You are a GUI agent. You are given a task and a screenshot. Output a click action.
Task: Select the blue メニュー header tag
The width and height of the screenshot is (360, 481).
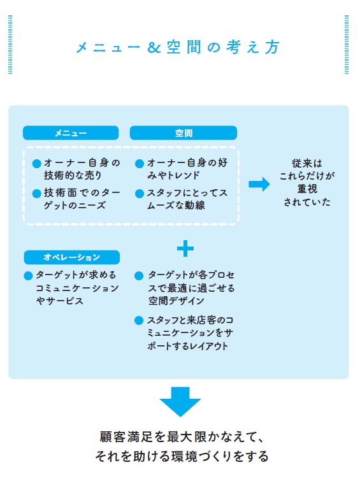(71, 133)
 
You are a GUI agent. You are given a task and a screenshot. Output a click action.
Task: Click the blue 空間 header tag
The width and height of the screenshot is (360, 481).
(184, 133)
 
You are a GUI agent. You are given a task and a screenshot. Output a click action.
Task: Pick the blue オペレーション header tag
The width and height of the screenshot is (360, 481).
(71, 257)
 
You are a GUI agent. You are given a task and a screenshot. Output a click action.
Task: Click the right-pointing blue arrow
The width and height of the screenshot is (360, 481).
(259, 184)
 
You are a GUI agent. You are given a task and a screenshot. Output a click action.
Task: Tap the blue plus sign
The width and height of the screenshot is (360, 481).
(185, 248)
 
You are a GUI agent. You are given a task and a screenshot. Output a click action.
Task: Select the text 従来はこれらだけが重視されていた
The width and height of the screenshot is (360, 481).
(308, 183)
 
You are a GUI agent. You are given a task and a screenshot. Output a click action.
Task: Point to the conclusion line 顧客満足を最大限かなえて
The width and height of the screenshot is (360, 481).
(180, 438)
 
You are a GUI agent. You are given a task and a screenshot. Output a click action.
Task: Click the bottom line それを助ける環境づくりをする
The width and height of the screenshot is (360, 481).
(180, 457)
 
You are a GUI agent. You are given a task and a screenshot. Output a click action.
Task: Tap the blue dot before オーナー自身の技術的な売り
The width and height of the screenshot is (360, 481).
(36, 164)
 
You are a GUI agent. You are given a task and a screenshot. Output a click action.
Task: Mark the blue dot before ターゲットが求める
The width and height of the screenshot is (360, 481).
(28, 276)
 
